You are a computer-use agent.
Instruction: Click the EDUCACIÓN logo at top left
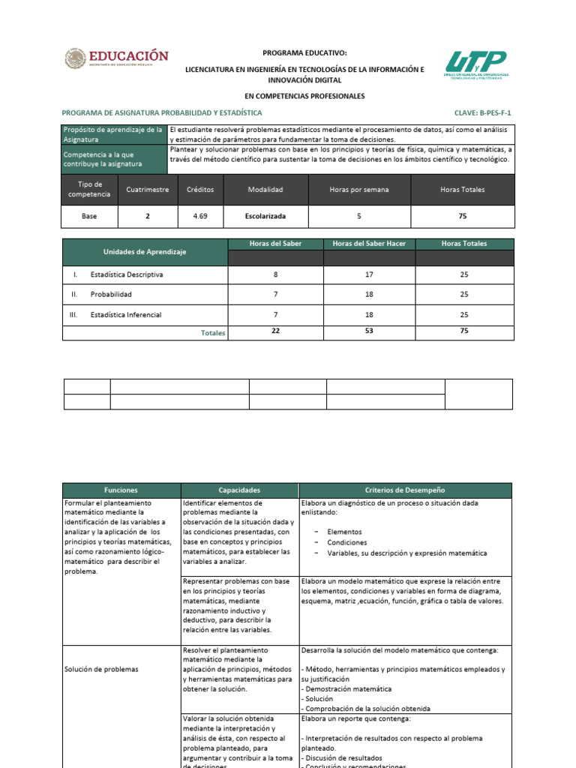116,59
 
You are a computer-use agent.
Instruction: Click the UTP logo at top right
476,65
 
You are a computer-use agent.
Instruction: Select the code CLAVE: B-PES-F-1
487,113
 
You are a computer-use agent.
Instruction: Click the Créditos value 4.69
200,216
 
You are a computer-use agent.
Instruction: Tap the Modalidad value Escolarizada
265,216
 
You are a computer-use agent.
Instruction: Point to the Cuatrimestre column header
148,190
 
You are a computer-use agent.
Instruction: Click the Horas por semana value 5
359,216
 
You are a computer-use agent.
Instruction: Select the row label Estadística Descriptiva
126,274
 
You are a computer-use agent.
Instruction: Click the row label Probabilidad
111,295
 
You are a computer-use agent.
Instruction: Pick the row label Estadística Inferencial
125,315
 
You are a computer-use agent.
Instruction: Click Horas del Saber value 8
275,274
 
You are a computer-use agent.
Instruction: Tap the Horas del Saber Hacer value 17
369,274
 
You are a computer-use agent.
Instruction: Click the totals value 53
369,331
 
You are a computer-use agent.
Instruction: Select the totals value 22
275,331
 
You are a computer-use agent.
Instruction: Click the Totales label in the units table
213,333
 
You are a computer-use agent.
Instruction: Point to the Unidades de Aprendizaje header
145,252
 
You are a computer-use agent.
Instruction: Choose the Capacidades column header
239,490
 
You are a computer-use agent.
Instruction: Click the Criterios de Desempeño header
405,490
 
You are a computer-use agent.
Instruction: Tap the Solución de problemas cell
101,669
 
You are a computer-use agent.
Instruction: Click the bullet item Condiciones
347,542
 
